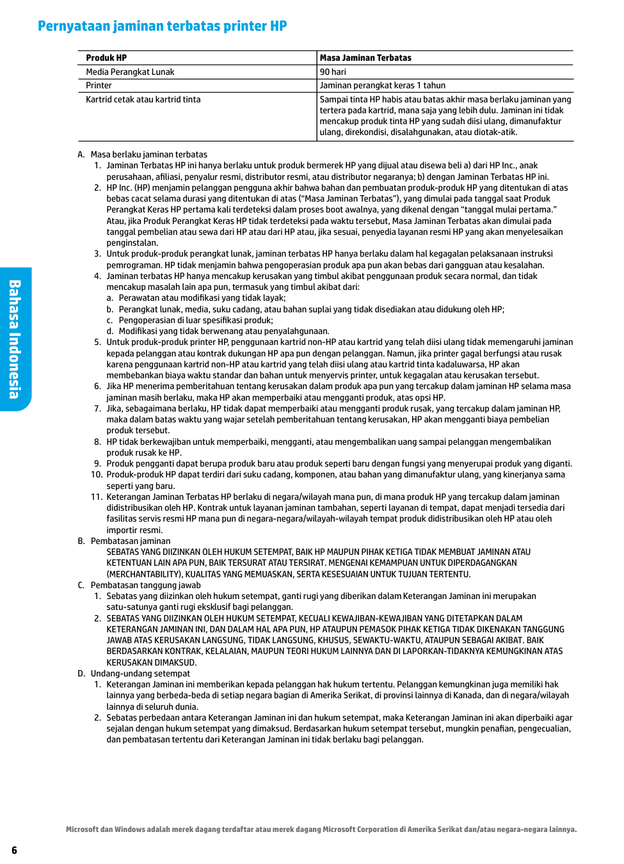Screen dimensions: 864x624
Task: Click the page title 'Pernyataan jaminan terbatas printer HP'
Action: point(162,26)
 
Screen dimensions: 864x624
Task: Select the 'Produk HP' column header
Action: point(106,58)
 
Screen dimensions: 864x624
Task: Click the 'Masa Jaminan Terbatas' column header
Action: point(365,58)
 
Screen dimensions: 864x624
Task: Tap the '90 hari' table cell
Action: point(333,72)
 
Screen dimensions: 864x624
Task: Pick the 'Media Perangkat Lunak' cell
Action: point(130,72)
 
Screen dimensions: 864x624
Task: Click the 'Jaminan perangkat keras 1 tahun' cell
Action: point(383,85)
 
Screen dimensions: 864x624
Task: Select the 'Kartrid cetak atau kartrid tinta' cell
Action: point(143,99)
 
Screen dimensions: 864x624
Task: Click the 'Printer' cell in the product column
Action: point(99,85)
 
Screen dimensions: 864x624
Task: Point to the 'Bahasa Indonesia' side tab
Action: point(15,339)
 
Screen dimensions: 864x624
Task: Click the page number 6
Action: point(14,850)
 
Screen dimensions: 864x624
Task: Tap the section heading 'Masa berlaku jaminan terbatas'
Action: point(148,154)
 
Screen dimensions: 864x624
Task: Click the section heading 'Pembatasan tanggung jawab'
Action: point(145,585)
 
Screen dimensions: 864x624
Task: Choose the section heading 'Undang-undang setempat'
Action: point(140,673)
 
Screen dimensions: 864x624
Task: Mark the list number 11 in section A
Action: point(96,497)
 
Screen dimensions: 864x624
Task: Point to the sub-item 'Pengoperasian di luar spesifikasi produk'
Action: point(196,320)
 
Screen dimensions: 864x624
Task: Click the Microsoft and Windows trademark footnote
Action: point(321,829)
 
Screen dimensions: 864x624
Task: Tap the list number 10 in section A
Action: point(96,474)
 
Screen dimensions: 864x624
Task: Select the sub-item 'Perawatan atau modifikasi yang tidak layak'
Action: point(202,298)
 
